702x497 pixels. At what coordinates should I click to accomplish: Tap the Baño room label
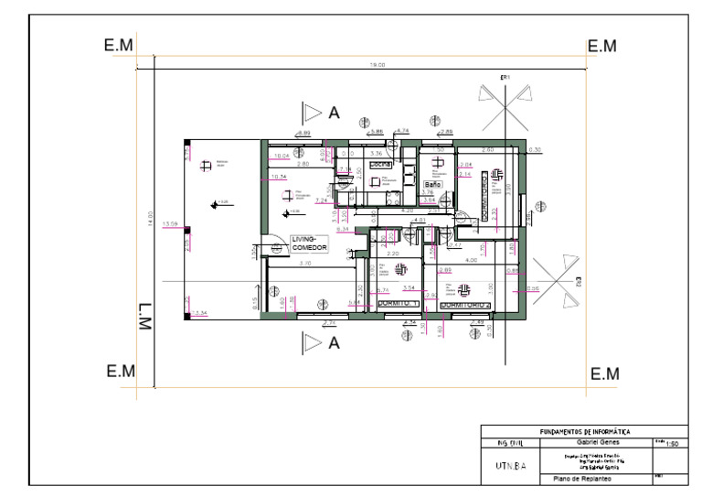(x=432, y=185)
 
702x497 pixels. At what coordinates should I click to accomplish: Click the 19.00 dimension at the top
(x=377, y=65)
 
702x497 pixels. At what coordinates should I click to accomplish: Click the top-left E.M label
(x=119, y=46)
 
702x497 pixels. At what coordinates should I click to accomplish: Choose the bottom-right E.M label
(x=603, y=373)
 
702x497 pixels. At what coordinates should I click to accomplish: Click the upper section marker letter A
(x=335, y=113)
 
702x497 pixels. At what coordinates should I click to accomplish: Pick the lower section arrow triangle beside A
(x=313, y=343)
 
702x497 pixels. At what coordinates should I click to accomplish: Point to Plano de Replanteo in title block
(x=582, y=479)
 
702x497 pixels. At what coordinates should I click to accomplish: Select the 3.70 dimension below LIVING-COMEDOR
(x=305, y=264)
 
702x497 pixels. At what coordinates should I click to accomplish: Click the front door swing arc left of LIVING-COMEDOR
(x=271, y=247)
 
